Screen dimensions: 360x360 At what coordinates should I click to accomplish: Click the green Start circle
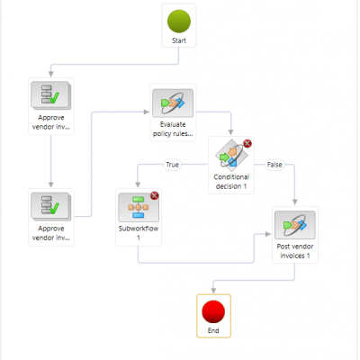[x=179, y=21]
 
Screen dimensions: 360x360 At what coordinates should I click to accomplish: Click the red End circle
[x=213, y=312]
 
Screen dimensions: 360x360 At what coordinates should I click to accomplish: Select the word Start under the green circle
[x=179, y=40]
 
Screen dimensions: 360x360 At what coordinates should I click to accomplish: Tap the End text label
[x=213, y=330]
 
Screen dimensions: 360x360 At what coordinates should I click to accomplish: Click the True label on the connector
[x=173, y=165]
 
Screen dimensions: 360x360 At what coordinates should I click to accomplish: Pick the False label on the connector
[x=274, y=165]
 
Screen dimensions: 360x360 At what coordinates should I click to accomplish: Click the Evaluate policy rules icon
[x=173, y=103]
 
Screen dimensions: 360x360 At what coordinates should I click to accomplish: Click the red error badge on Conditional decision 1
[x=247, y=144]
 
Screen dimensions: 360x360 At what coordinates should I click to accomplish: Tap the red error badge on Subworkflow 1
[x=154, y=196]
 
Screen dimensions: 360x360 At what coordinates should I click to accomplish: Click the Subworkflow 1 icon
[x=139, y=207]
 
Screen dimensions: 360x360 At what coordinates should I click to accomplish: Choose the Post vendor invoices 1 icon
[x=295, y=225]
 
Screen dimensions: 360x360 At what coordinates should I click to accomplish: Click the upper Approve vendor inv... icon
[x=51, y=95]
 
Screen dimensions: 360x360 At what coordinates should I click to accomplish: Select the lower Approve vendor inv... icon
[x=51, y=206]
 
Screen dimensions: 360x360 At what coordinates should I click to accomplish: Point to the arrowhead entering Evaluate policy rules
[x=147, y=112]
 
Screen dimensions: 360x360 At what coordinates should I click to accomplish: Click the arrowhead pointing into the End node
[x=213, y=291]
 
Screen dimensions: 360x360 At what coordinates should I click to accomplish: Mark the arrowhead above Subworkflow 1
[x=138, y=184]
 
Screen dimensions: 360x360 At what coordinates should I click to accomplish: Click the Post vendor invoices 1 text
[x=295, y=251]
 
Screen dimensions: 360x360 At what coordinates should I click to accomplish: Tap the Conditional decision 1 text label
[x=231, y=182]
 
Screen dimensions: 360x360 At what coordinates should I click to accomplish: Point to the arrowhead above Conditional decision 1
[x=230, y=132]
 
